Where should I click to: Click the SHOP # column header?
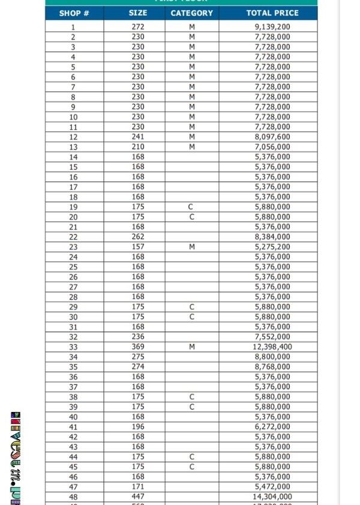pyautogui.click(x=74, y=13)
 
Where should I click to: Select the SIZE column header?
pyautogui.click(x=137, y=13)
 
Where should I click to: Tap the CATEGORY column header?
pyautogui.click(x=191, y=13)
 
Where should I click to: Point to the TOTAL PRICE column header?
pyautogui.click(x=272, y=13)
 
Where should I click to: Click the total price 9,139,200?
pyautogui.click(x=272, y=27)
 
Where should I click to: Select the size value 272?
pyautogui.click(x=138, y=27)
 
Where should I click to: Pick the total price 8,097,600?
pyautogui.click(x=272, y=137)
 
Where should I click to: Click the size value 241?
pyautogui.click(x=138, y=137)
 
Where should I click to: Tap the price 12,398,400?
pyautogui.click(x=272, y=347)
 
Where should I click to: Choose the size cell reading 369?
pyautogui.click(x=138, y=347)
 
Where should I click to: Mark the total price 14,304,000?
pyautogui.click(x=272, y=497)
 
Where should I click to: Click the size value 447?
pyautogui.click(x=138, y=497)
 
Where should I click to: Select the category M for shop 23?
pyautogui.click(x=192, y=247)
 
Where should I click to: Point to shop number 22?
pyautogui.click(x=73, y=237)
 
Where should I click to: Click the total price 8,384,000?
pyautogui.click(x=272, y=237)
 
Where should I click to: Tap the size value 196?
pyautogui.click(x=138, y=427)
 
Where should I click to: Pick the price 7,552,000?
pyautogui.click(x=272, y=337)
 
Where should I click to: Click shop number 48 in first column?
pyautogui.click(x=73, y=497)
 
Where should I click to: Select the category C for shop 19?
pyautogui.click(x=192, y=207)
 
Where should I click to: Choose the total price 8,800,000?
pyautogui.click(x=272, y=357)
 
